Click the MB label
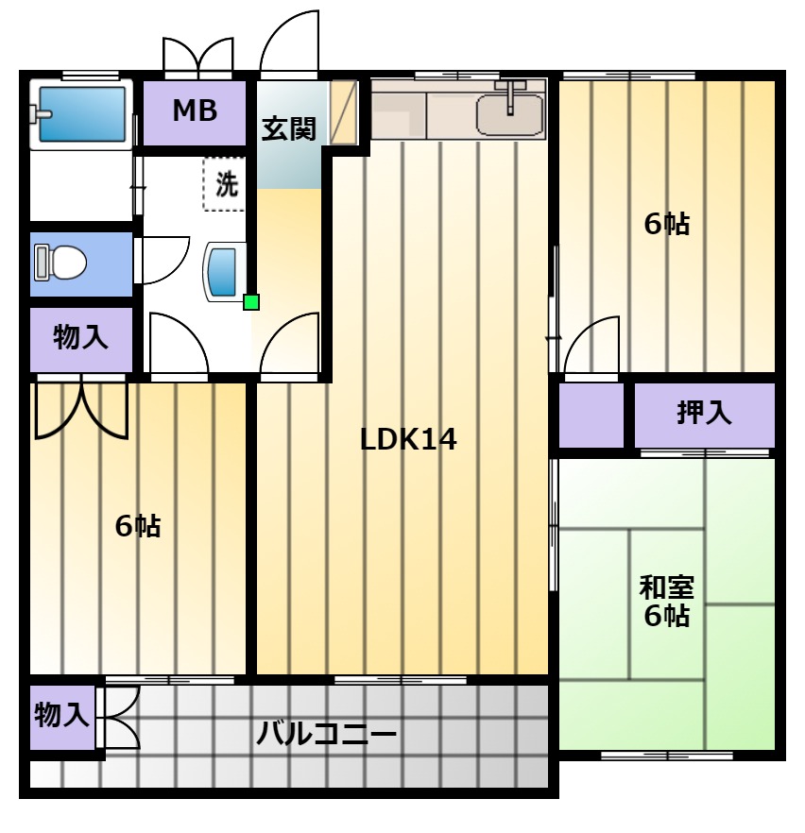(x=195, y=110)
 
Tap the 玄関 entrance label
(x=288, y=129)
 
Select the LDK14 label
(x=408, y=439)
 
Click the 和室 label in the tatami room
(x=666, y=587)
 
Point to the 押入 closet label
(x=704, y=412)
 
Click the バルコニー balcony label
(x=326, y=734)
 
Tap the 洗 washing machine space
(x=225, y=184)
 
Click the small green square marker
(x=250, y=302)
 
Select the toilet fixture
(x=60, y=263)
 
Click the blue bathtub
(x=82, y=113)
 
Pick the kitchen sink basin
(x=510, y=115)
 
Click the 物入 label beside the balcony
(x=61, y=715)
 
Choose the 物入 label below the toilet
(x=80, y=337)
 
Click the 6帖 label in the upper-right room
(x=667, y=224)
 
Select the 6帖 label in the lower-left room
(x=138, y=526)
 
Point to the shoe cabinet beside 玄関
(x=343, y=112)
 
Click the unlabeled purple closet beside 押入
(x=591, y=415)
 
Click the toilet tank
(x=41, y=263)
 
